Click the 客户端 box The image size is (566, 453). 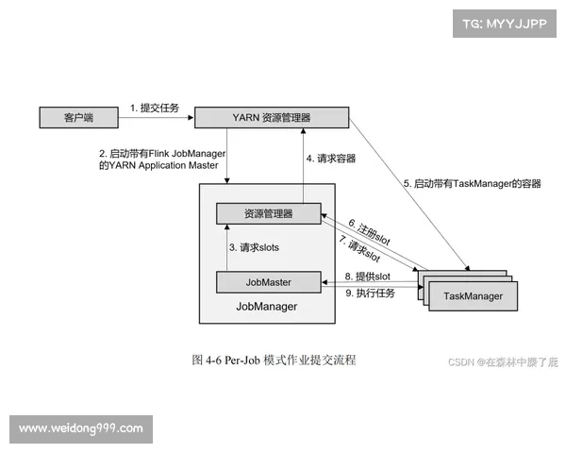coord(76,118)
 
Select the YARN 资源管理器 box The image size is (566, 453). coord(271,117)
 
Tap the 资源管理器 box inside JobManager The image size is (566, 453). coord(268,214)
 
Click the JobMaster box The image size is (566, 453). coord(268,281)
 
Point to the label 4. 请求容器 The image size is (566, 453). coord(330,159)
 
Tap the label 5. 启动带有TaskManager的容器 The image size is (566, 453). coord(473,184)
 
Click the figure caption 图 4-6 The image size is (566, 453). coord(274,360)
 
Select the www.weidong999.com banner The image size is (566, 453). coord(81,428)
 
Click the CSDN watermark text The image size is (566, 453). coord(501,361)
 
